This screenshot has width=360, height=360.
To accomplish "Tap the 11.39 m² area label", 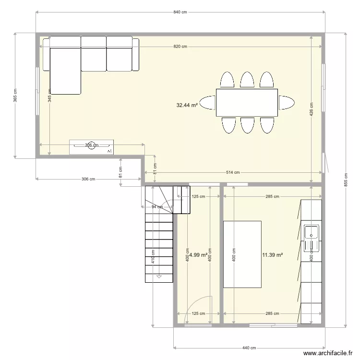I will pyautogui.click(x=272, y=255).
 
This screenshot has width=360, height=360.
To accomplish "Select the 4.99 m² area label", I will pyautogui.click(x=198, y=255).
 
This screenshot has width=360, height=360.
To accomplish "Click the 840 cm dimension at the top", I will pyautogui.click(x=180, y=12).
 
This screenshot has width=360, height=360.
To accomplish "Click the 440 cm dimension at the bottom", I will pyautogui.click(x=249, y=348).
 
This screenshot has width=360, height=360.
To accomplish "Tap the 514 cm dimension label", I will pyautogui.click(x=234, y=173).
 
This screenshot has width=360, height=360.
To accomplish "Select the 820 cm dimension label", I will pyautogui.click(x=180, y=47).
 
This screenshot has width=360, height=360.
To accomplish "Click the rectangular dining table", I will pyautogui.click(x=247, y=102).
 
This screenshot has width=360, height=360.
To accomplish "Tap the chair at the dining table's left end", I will pyautogui.click(x=208, y=102).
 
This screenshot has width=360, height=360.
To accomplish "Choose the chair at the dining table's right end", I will pyautogui.click(x=286, y=102).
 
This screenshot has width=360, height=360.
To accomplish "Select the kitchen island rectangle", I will pyautogui.click(x=242, y=254).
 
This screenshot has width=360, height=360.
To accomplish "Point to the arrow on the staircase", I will pyautogui.click(x=158, y=276).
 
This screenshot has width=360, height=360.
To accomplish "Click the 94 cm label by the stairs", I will pyautogui.click(x=157, y=207).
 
